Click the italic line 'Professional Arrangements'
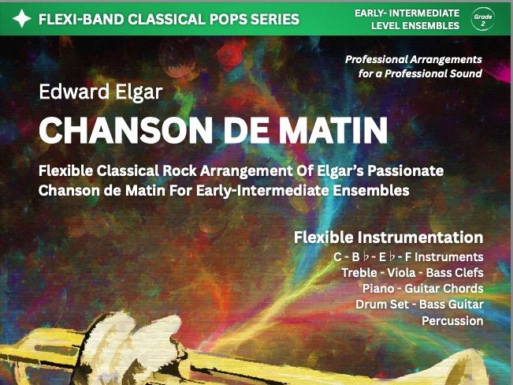(414, 59)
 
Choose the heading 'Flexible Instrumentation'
(388, 237)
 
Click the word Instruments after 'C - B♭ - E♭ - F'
(449, 257)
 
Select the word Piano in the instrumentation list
(378, 289)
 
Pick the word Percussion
(452, 321)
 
